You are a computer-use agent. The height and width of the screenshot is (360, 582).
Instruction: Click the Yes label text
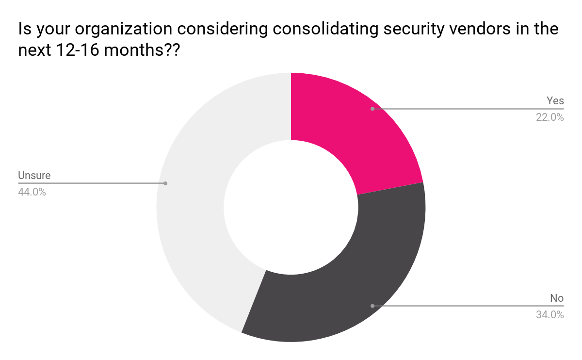[555, 100]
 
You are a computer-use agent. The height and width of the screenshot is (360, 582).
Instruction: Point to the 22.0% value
[550, 117]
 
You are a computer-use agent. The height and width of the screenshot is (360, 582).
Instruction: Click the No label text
[557, 298]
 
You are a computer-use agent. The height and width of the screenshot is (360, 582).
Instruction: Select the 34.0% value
[550, 314]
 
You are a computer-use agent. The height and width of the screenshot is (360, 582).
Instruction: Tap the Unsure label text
[34, 175]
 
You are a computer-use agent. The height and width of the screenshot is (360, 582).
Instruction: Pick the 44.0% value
[32, 192]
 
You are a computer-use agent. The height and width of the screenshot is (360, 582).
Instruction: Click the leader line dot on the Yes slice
[372, 109]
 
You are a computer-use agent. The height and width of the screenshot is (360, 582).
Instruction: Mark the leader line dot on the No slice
[372, 306]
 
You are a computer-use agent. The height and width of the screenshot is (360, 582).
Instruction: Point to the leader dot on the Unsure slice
[165, 183]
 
